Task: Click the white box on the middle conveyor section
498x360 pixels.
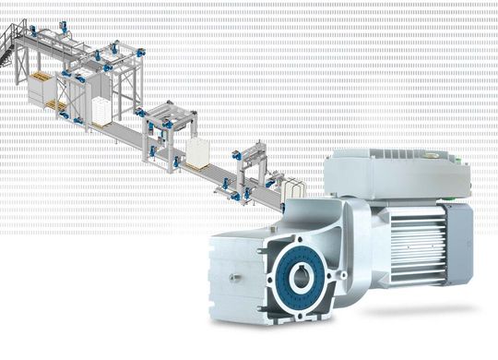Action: click(198, 153)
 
